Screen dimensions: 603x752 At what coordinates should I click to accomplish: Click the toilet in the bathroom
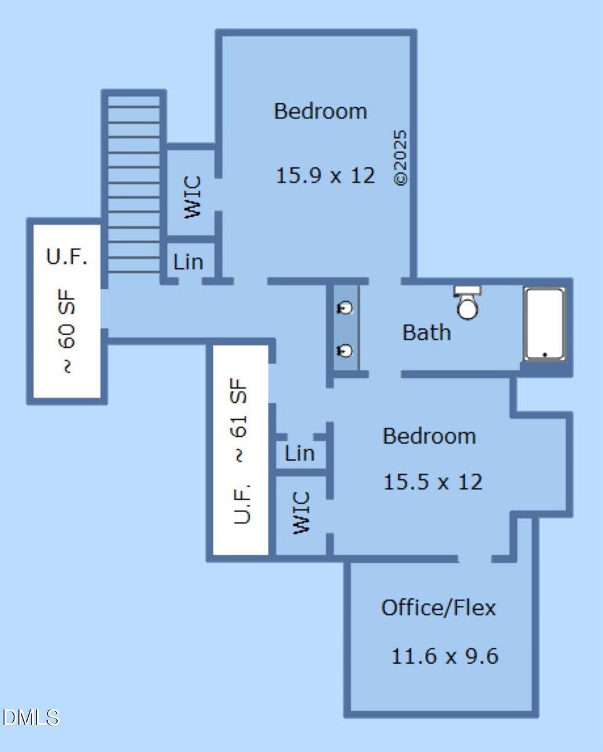pos(467,302)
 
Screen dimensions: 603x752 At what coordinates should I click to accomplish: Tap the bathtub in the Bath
pos(545,323)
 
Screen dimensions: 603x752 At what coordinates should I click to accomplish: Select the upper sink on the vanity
pos(345,308)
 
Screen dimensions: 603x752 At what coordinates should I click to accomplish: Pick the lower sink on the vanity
pos(345,350)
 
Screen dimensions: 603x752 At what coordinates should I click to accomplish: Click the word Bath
pos(427,332)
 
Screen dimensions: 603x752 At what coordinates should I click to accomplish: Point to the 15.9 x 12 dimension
pos(325,175)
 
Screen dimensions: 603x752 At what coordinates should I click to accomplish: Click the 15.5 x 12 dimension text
pos(433,482)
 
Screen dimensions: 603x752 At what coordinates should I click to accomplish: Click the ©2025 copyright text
pos(400,157)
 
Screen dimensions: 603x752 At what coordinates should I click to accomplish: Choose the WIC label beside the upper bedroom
pos(193,197)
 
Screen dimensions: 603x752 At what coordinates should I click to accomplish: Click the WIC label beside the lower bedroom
pos(301,513)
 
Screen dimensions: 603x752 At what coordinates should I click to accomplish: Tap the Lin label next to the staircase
pos(188,262)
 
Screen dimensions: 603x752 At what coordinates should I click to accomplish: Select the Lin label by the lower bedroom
pos(299,453)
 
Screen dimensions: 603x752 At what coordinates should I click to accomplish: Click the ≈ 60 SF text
pos(66,332)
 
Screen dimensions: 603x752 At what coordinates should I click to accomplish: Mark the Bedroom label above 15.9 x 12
pos(320,111)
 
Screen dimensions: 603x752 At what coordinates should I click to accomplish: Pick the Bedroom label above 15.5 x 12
pos(429,436)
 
